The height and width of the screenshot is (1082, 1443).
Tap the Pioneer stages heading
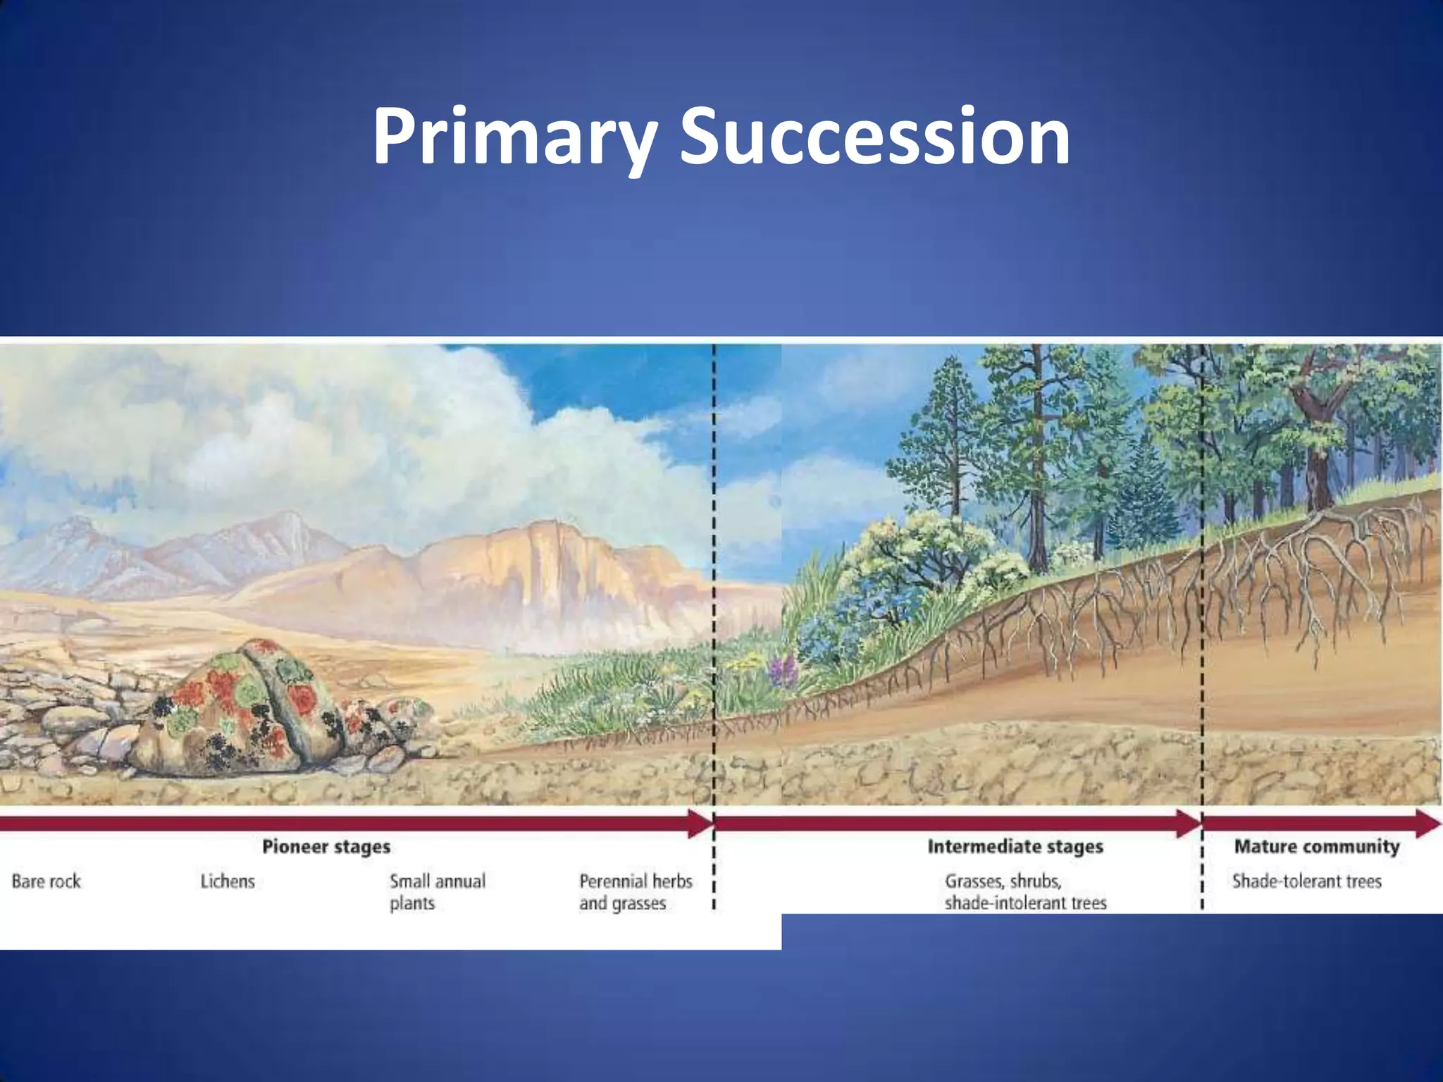(x=326, y=846)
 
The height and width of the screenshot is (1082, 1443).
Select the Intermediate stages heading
(x=1015, y=846)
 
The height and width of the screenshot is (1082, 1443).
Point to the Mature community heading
(x=1316, y=846)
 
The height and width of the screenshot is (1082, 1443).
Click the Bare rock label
(x=47, y=881)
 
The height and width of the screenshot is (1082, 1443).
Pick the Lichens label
(x=228, y=881)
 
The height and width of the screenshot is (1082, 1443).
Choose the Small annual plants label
(x=437, y=892)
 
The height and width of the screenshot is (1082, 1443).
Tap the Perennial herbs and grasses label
(x=636, y=892)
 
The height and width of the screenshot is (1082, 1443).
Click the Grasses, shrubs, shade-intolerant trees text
(x=1025, y=892)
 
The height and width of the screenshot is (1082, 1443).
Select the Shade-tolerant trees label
(x=1306, y=881)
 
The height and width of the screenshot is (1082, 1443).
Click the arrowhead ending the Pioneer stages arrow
(x=700, y=823)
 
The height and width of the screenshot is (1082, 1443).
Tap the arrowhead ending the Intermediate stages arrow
(x=1189, y=823)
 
